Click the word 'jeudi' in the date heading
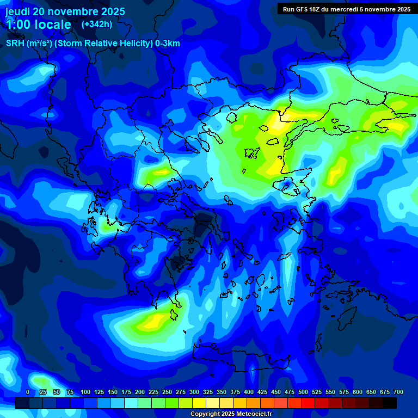(x=17, y=11)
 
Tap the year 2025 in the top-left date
(x=112, y=11)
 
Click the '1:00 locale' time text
(x=38, y=24)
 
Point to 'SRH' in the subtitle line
(x=15, y=44)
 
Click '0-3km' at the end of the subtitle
(x=168, y=44)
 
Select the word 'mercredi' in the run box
(x=353, y=9)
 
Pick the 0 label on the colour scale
(x=28, y=392)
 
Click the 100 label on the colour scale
(x=85, y=392)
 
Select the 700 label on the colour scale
(x=398, y=392)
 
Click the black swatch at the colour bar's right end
(x=390, y=403)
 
